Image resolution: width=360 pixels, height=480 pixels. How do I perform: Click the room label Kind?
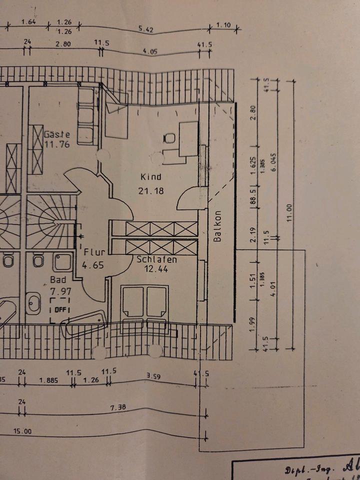[x=150, y=177]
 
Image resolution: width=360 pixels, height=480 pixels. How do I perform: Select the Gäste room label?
[x=56, y=134]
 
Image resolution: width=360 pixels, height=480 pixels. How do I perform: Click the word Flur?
[x=94, y=252]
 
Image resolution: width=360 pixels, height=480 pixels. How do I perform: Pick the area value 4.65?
[x=94, y=265]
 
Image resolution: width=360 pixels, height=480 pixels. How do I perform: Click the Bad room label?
[x=57, y=280]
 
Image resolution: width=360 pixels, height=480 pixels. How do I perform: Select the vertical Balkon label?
[x=217, y=225]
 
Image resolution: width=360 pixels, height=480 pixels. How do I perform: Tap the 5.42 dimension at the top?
[x=146, y=29]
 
